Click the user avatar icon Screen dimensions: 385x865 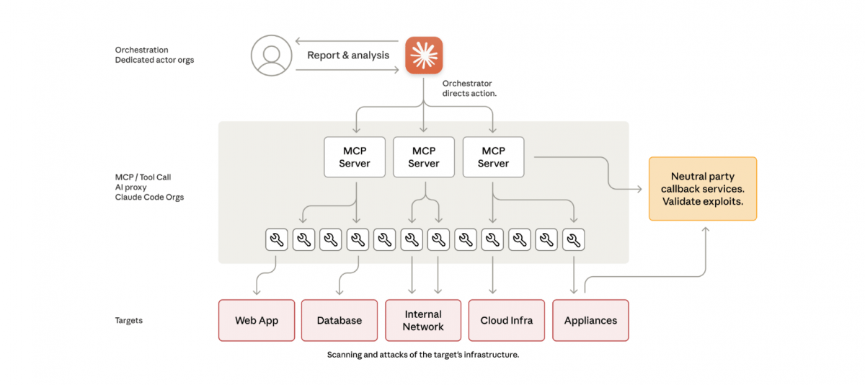coord(271,55)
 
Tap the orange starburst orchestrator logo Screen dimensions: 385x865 coord(424,56)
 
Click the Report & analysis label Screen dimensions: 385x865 coord(348,56)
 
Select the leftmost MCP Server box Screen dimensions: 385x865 coord(355,157)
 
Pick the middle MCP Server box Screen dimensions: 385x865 coord(424,157)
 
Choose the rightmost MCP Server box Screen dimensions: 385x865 coord(493,157)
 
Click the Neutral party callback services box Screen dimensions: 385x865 coord(703,189)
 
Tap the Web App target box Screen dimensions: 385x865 coord(257,320)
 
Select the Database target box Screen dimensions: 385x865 coord(340,320)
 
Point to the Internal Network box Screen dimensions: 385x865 coord(423,320)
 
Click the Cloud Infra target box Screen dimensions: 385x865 coord(507,320)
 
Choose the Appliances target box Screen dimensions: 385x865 coord(590,320)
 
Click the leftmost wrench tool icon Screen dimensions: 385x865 coord(277,240)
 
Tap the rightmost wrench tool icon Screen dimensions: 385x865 coord(574,240)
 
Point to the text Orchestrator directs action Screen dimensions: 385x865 coord(469,89)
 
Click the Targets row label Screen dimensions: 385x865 coord(129,320)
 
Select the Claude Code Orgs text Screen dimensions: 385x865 coord(150,197)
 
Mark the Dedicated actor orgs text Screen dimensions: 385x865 coord(154,60)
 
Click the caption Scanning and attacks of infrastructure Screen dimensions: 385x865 coord(423,355)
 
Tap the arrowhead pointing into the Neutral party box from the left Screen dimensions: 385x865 coord(639,189)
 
